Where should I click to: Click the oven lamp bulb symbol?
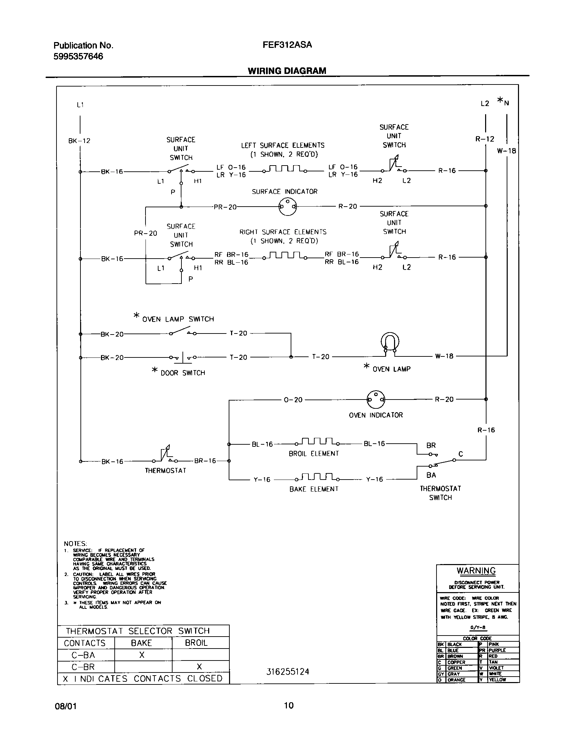[x=390, y=342]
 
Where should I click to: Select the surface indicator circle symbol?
[x=288, y=207]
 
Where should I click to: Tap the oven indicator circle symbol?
[x=376, y=399]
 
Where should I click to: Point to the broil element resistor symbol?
[x=318, y=442]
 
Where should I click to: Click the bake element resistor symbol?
[x=318, y=478]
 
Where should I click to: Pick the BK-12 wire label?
[x=79, y=141]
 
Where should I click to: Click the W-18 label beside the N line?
[x=506, y=151]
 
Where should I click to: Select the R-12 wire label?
[x=485, y=139]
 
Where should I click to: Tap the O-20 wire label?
[x=293, y=400]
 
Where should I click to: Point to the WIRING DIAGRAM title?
[x=287, y=71]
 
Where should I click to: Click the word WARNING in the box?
[x=476, y=571]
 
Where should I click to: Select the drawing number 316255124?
[x=288, y=672]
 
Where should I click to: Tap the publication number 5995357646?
[x=78, y=56]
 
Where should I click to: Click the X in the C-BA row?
[x=142, y=655]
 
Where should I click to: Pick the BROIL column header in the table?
[x=196, y=643]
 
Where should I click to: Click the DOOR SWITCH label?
[x=183, y=373]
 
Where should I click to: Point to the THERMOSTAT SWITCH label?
[x=440, y=493]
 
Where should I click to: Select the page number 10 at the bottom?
[x=289, y=705]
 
